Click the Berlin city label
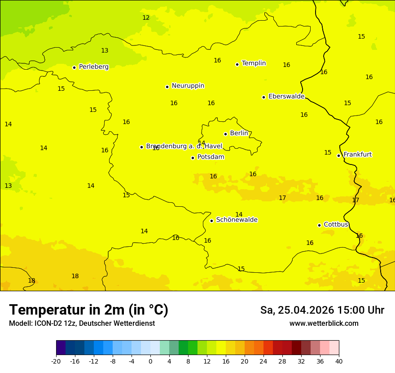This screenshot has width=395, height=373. pos(239,133)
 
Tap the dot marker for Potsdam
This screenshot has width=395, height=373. pos(193,158)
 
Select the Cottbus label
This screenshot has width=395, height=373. pos(336,224)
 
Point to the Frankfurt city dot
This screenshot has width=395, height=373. pos(338,155)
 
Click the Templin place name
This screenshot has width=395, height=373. pos(254,63)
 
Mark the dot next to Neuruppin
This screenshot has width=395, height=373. pos(167,87)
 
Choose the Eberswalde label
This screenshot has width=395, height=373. pos(286,97)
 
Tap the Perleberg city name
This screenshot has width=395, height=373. pos(93,67)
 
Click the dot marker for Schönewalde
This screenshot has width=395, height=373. pos(211,221)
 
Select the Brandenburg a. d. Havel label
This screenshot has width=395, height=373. pos(184,146)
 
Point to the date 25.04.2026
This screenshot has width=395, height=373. pos(306,310)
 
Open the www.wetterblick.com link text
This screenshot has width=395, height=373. pos(324,324)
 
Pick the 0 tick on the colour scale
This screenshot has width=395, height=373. pos(150,361)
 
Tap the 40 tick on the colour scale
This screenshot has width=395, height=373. pos(339,361)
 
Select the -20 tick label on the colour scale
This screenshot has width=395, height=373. pos(56,361)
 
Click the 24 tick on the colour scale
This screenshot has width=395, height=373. pos(263,361)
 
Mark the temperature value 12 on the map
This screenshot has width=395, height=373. pos(146,18)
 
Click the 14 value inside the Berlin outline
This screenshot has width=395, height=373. pos(202,143)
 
